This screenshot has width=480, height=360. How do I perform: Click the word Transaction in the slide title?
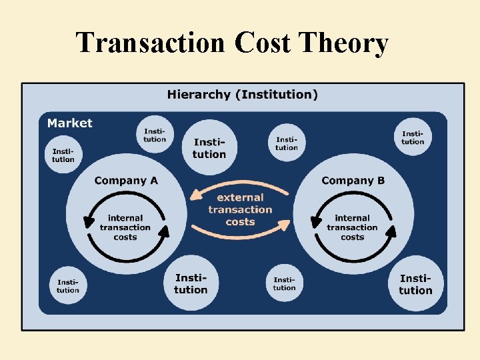(151, 43)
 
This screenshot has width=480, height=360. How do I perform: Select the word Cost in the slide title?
(263, 43)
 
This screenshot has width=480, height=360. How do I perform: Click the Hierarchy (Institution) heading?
(242, 94)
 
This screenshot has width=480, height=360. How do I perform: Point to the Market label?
(69, 123)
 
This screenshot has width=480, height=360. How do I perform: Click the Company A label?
(126, 181)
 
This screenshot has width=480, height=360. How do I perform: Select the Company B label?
(353, 181)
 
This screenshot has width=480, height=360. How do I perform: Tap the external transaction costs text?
(240, 209)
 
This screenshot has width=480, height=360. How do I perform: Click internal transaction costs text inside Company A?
(125, 227)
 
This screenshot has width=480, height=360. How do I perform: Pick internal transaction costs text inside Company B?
(352, 227)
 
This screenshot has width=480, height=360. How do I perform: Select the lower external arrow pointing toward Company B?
(240, 234)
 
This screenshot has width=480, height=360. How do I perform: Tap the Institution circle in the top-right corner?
(413, 137)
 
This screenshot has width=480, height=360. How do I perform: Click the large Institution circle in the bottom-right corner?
(415, 284)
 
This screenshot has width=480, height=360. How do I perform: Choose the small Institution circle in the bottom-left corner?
(67, 285)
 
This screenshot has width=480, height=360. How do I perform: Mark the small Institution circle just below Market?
(64, 155)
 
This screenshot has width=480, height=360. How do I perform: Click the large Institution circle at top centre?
(209, 148)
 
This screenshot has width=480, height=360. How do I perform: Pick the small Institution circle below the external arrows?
(284, 283)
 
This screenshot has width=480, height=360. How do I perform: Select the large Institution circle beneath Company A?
(191, 284)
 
